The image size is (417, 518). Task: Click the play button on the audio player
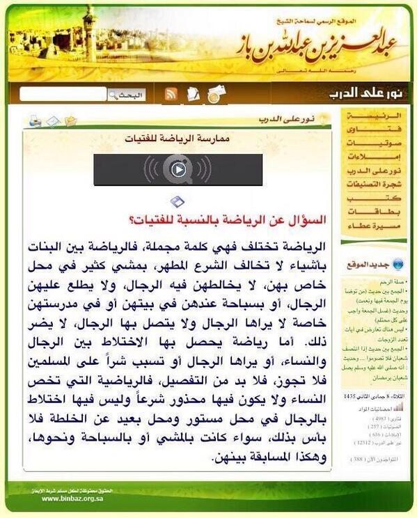tap(178, 169)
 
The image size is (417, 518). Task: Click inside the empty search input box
tap(63, 95)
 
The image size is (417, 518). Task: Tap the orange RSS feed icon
tap(171, 95)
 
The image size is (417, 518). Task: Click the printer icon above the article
tap(35, 121)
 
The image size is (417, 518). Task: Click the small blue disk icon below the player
tap(178, 202)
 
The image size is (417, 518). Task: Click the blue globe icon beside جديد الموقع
tap(398, 265)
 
